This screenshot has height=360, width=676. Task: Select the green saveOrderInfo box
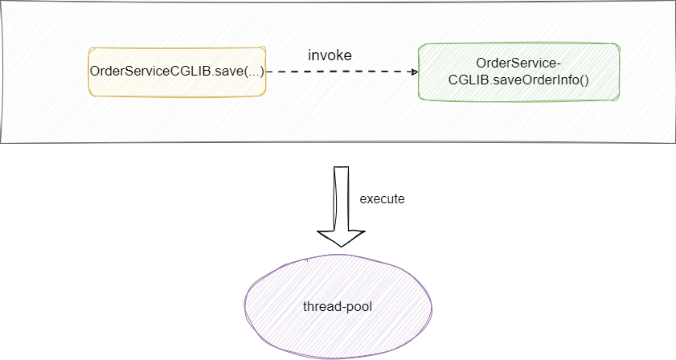[518, 71]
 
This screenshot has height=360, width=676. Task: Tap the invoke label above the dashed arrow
[330, 55]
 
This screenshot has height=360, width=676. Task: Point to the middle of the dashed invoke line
[342, 72]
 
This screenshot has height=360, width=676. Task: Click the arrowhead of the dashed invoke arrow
[414, 72]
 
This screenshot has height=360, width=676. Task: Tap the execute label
[382, 198]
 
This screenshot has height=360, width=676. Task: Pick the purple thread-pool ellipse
[338, 305]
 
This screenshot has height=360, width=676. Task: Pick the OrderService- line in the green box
[518, 63]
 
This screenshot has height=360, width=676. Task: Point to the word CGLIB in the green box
[473, 80]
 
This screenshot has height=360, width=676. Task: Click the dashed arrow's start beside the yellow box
[269, 72]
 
